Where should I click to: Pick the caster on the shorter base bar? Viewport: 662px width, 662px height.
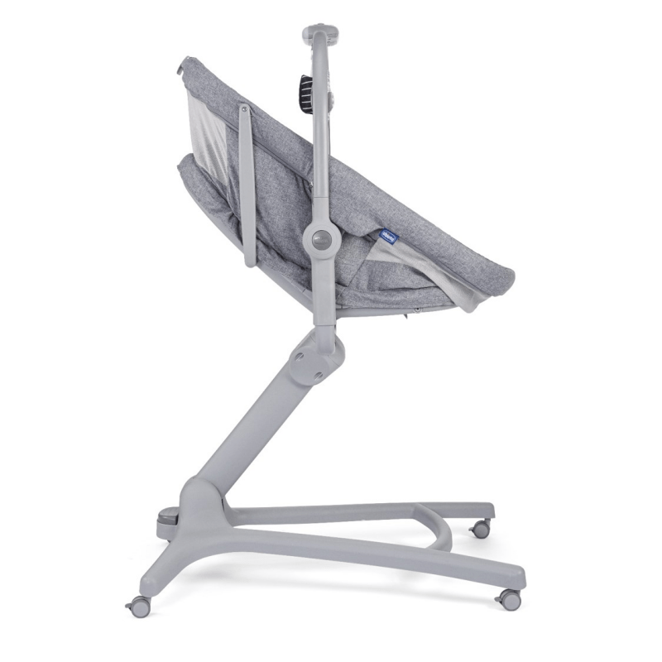pos(480,529)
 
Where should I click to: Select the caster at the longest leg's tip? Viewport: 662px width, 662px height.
pos(508,597)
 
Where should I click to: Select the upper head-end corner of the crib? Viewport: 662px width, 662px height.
pos(187,63)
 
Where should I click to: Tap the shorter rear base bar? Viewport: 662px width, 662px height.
pos(356,511)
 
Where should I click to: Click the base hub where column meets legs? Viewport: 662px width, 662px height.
pos(199,513)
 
